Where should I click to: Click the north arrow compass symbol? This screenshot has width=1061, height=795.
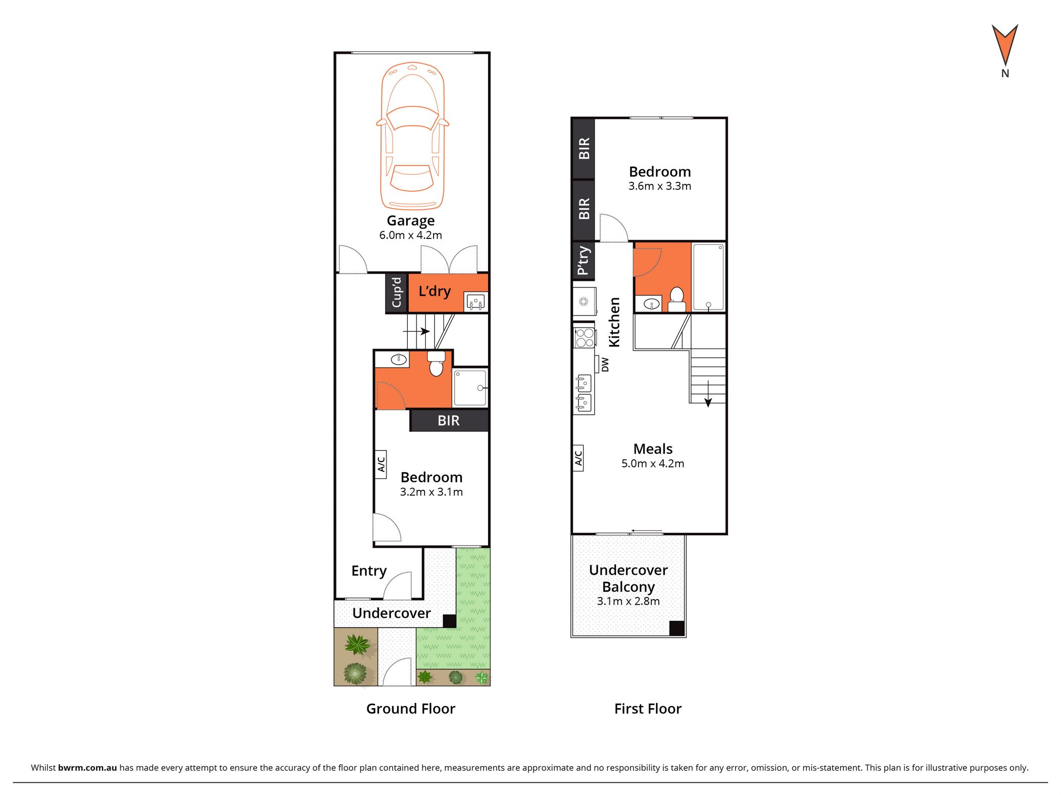[1004, 45]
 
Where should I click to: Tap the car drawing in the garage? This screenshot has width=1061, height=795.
[412, 135]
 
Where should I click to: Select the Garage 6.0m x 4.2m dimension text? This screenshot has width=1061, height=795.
[411, 235]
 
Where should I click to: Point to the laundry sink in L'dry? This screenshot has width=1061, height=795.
[474, 302]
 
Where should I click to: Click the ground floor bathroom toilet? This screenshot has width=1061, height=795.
[436, 364]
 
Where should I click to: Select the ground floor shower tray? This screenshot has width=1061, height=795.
[470, 388]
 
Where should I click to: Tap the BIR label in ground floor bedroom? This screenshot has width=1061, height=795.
[449, 420]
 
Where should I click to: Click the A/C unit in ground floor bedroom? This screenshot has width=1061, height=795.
[381, 464]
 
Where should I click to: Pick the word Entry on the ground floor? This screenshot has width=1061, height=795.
[369, 571]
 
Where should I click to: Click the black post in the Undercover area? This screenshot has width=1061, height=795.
[449, 621]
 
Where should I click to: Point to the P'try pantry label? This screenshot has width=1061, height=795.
[583, 261]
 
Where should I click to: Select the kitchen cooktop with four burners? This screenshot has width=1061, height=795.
[585, 337]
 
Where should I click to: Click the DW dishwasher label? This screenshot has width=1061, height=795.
[605, 365]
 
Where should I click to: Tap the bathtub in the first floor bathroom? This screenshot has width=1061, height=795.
[708, 277]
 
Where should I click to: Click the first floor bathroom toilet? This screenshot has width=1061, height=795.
[677, 300]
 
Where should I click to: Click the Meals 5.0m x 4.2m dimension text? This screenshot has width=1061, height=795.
[653, 464]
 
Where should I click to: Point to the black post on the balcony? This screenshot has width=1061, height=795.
[677, 628]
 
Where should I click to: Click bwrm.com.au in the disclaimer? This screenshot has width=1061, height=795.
[87, 768]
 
